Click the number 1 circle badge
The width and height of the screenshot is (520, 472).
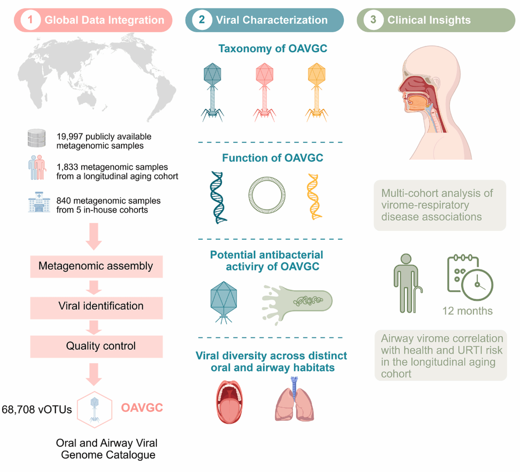[x=30, y=20]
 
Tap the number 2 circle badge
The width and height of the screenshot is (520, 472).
[x=202, y=20]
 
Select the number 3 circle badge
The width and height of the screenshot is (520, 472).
[x=373, y=20]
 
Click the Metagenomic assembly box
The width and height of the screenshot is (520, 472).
[x=96, y=266]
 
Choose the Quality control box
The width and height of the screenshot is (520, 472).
[x=96, y=346]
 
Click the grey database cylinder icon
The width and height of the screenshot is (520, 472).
[x=36, y=138]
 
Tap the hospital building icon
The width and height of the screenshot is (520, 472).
[x=39, y=202]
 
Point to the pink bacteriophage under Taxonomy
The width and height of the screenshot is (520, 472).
[x=264, y=92]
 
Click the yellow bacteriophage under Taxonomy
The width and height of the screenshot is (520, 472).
[x=316, y=92]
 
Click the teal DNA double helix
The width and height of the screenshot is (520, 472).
[x=218, y=197]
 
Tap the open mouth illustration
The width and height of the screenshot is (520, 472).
[x=229, y=402]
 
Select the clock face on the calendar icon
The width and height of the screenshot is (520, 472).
[x=477, y=285]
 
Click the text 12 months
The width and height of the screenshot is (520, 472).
[x=467, y=311]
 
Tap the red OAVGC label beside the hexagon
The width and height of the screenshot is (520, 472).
[x=142, y=408]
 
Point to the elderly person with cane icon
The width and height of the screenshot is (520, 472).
[x=408, y=283]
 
